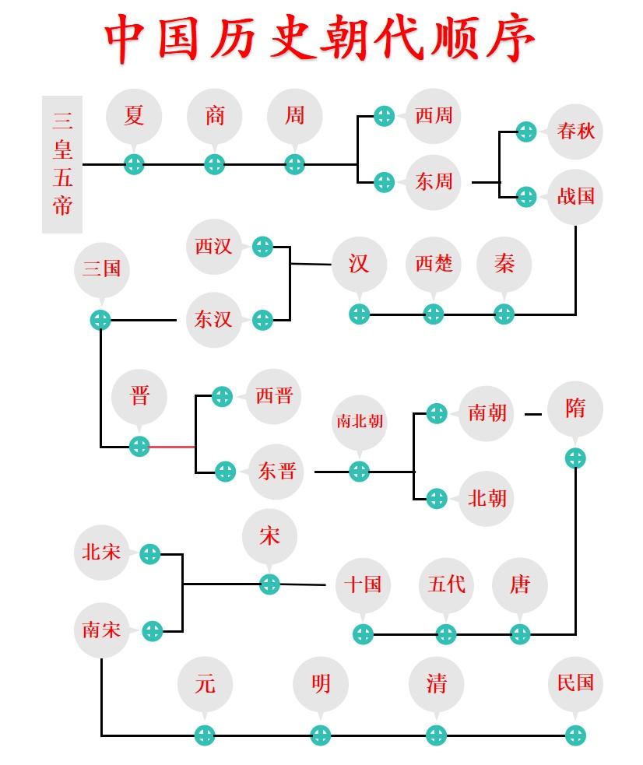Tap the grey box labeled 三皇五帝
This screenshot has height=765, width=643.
coord(62,164)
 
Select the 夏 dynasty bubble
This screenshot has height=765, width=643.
coord(134,116)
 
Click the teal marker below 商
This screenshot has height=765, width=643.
coord(214,164)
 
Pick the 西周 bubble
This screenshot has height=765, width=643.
coord(434,116)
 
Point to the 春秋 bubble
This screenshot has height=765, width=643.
coord(576,131)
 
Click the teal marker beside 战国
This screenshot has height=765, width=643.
coord(526,196)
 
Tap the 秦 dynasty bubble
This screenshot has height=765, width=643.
coord(504,264)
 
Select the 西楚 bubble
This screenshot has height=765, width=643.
coord(434,264)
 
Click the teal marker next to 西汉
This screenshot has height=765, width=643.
coord(263,247)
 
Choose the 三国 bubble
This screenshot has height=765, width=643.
coord(101,269)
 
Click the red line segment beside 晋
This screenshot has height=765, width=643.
coord(172,447)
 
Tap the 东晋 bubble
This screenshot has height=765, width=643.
coord(277,471)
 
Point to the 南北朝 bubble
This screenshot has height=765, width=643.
coord(359,422)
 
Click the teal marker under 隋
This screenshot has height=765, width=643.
coord(575,458)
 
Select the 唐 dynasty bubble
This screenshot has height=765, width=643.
coord(520,584)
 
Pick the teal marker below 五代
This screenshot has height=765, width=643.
coord(445,634)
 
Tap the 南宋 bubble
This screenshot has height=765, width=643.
coord(102,630)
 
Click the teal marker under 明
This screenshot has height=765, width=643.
coord(320,735)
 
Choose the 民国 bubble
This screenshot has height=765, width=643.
coord(575,683)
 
